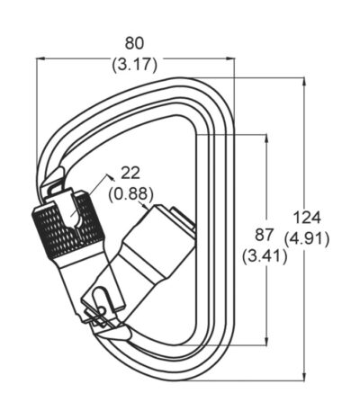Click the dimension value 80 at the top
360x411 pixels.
click(x=134, y=43)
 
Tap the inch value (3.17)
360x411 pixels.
click(x=134, y=65)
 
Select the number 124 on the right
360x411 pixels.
click(x=307, y=218)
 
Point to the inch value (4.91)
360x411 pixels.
click(x=307, y=239)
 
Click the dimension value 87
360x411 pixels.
click(x=265, y=235)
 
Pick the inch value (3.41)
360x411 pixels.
click(x=265, y=256)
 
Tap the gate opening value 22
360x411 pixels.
click(x=130, y=174)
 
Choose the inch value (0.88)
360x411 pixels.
click(x=131, y=195)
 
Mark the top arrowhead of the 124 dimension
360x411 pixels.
click(x=305, y=82)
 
